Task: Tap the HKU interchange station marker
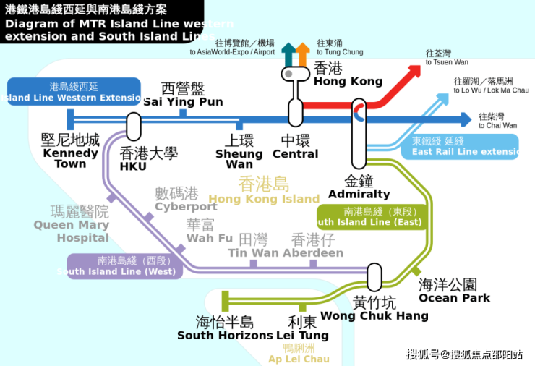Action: pyautogui.click(x=133, y=126)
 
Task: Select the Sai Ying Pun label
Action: pyautogui.click(x=183, y=95)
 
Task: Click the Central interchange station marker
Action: pyautogui.click(x=295, y=111)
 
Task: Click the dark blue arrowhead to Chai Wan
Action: pyautogui.click(x=464, y=119)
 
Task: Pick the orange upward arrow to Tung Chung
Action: pyautogui.click(x=303, y=53)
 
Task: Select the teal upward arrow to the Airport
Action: pyautogui.click(x=288, y=53)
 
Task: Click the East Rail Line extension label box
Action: pyautogui.click(x=460, y=147)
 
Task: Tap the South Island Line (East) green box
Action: pyautogui.click(x=372, y=217)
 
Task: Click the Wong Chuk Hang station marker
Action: pyautogui.click(x=374, y=276)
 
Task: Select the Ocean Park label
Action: pyautogui.click(x=454, y=290)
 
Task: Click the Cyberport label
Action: pyautogui.click(x=186, y=199)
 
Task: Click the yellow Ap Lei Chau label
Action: pyautogui.click(x=299, y=353)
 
